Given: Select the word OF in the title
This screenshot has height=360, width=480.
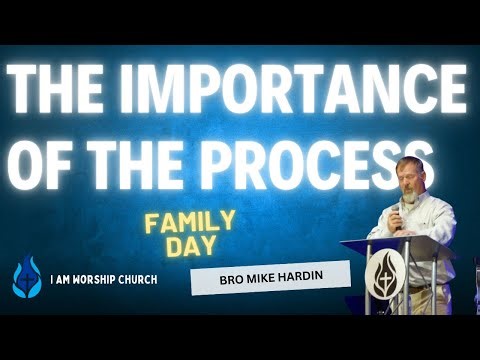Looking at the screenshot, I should [46, 164].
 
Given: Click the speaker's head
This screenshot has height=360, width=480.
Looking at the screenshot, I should [412, 176].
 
